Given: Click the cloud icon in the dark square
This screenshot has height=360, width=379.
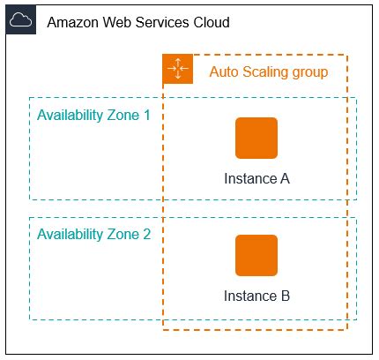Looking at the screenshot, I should click(21, 20).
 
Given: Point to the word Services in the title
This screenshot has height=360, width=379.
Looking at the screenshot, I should click(165, 21).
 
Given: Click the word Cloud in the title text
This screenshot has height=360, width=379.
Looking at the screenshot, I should click(212, 21).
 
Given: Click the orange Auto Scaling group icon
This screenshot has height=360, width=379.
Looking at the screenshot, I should click(177, 69).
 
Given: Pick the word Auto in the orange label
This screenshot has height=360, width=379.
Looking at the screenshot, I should click(224, 71).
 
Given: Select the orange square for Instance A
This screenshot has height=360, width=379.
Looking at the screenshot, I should click(256, 138).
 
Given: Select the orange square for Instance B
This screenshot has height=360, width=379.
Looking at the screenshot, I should click(256, 256).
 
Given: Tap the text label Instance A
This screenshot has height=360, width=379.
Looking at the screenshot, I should click(256, 178).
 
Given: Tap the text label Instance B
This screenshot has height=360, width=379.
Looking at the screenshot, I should click(256, 296).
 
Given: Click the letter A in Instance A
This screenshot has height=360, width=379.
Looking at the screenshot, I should click(285, 178).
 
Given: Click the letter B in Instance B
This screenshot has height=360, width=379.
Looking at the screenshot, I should click(285, 296).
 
